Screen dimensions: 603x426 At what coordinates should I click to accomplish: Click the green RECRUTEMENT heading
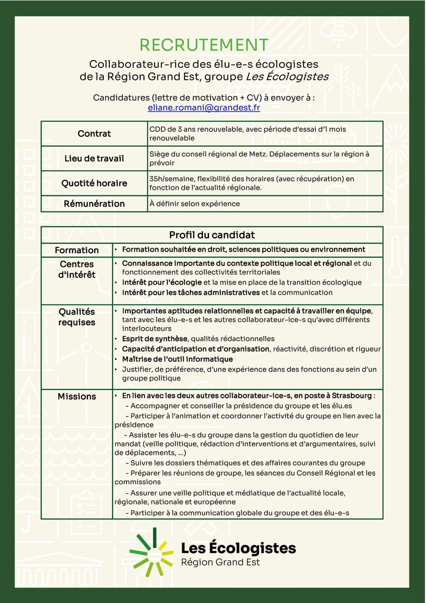click(204, 45)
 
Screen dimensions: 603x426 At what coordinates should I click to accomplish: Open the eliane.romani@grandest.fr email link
click(204, 107)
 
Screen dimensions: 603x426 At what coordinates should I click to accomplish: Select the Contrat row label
click(94, 133)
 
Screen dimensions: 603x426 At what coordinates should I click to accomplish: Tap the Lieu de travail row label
click(94, 158)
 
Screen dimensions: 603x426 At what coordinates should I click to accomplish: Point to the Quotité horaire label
click(94, 183)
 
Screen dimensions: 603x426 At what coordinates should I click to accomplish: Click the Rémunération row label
click(94, 204)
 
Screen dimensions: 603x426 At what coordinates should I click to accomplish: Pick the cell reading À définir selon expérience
click(194, 204)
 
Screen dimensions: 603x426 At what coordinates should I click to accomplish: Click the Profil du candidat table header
click(212, 235)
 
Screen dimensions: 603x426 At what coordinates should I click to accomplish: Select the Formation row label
click(77, 250)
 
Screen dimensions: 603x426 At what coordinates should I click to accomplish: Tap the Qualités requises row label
click(77, 317)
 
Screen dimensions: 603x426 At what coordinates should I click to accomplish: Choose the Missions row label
click(77, 396)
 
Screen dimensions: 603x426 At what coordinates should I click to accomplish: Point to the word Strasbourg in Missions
click(351, 395)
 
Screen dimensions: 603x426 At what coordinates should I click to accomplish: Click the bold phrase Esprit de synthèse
click(155, 339)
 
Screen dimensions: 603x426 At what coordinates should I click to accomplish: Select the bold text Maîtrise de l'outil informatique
click(177, 359)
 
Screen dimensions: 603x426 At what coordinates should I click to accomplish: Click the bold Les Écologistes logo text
click(238, 548)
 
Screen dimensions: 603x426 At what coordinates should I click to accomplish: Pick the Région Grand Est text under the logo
click(220, 562)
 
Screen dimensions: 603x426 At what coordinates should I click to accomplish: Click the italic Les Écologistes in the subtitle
click(287, 77)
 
